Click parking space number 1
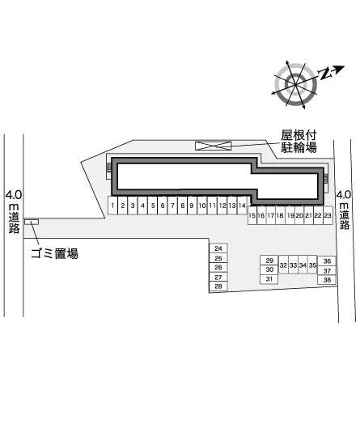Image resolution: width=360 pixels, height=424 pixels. [112, 206]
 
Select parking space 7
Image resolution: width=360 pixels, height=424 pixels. [172, 206]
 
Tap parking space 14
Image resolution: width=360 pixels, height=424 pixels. [242, 206]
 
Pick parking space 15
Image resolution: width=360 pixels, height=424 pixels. [252, 215]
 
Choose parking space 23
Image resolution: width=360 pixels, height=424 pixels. [328, 215]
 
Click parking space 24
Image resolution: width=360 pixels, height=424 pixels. [218, 248]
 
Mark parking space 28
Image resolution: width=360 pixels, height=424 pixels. [218, 286]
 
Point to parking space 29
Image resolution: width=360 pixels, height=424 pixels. [269, 261]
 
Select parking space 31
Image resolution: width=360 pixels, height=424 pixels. [269, 279]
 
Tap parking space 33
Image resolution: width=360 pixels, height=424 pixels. [293, 265]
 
